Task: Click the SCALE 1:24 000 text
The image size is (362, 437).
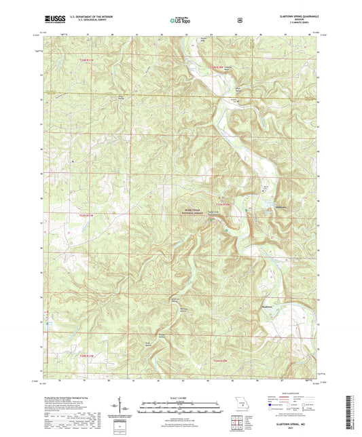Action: (x=180, y=397)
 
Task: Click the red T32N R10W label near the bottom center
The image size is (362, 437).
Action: (x=222, y=360)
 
